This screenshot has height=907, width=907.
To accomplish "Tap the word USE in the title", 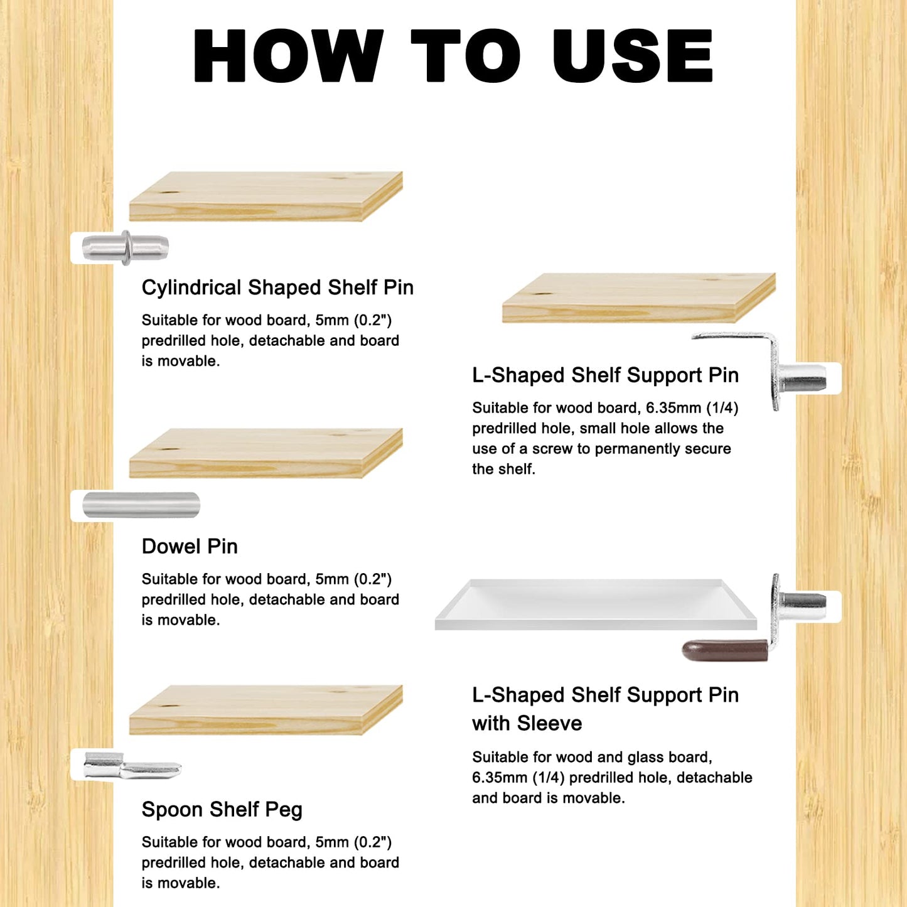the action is coord(632,56).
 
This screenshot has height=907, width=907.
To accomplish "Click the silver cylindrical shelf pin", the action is coord(125,247).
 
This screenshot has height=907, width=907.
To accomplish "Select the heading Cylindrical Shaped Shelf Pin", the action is coord(277,287).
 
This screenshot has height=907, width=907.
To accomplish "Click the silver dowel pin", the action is coord(141,505).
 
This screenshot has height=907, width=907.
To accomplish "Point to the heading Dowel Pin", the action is coord(190,546).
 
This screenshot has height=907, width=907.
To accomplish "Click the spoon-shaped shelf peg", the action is coord(132,765).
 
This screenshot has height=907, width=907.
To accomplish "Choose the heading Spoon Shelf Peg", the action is coord(222,809).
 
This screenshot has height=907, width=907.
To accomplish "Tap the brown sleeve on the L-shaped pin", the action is coord(725,650).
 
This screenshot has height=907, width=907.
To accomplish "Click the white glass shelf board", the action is coord(596,605).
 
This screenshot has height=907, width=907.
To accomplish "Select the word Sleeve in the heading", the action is coord(550,723).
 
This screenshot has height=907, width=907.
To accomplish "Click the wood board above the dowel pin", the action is coord(266,453).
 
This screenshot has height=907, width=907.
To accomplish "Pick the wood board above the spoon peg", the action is coord(266,710).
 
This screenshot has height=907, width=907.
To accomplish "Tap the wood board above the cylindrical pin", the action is coord(266,196).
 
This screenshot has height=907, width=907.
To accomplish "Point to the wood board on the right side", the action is coord(639,298).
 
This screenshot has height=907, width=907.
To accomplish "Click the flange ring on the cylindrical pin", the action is coord(126,247).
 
